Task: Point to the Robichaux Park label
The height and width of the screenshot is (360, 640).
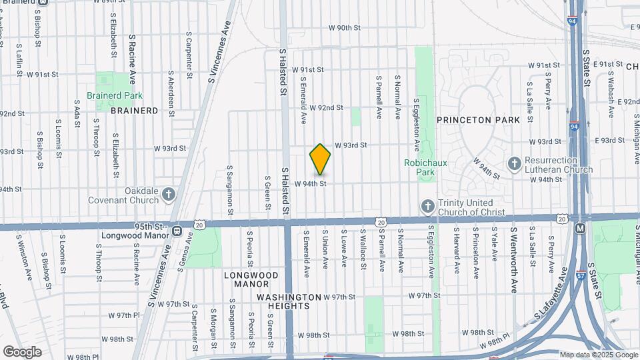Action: click(x=419, y=167)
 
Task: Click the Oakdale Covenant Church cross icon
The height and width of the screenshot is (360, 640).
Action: click(x=169, y=194)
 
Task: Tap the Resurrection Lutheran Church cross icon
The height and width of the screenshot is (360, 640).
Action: click(x=514, y=163)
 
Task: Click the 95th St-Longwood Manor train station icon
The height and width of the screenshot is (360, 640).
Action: click(x=177, y=231)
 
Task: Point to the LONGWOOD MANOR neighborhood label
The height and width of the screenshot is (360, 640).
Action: click(x=251, y=279)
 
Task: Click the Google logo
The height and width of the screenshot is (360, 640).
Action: click(x=22, y=351)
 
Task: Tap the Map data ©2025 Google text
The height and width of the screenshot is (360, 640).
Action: click(x=599, y=355)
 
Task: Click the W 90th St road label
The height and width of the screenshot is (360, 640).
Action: click(x=344, y=28)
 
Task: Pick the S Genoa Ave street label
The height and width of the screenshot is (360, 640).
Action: click(x=189, y=246)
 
